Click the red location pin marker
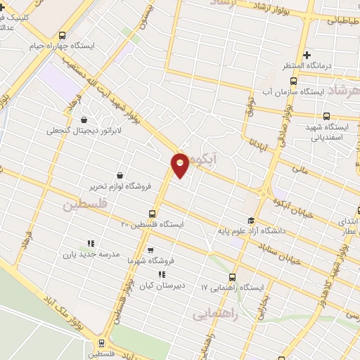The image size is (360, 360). pos(181,165)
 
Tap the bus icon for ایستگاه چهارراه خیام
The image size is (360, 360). pos(63,35)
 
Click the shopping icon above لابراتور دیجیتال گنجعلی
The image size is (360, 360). pos(84,120)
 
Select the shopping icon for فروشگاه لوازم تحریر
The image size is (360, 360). pos(120,175)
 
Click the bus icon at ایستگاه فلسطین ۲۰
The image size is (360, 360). pos(153,214)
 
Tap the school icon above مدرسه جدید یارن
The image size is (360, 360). pos(89,243)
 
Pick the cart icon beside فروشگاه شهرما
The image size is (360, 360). pos(150,250)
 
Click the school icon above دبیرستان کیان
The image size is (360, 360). pos(162,275)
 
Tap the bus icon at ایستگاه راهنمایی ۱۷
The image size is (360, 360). pos(233,277)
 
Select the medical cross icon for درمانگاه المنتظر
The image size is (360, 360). pos(306,54)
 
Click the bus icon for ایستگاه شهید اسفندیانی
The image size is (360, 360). pos(326,116)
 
